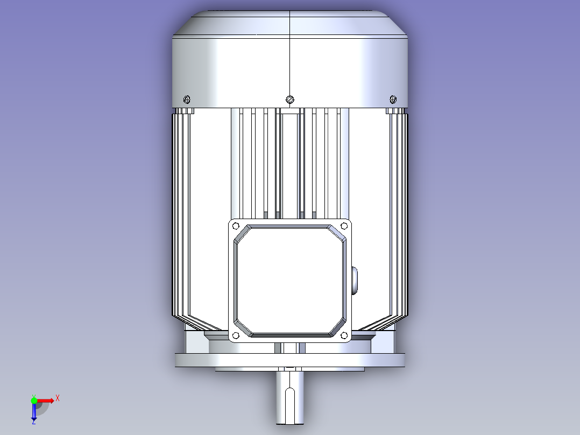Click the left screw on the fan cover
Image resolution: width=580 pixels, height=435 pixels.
point(187,99)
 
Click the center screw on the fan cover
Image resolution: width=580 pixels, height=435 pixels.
point(290,99)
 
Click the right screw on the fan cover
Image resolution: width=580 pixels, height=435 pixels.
point(393,99)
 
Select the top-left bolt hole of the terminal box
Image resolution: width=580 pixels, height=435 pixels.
point(236,226)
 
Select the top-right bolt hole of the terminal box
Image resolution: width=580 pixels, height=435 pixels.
point(344,226)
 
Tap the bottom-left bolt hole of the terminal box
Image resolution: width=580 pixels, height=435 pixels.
point(236,336)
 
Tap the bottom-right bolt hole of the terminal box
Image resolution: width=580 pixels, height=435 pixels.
point(344,336)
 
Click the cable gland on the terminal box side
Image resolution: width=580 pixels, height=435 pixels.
point(355,280)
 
